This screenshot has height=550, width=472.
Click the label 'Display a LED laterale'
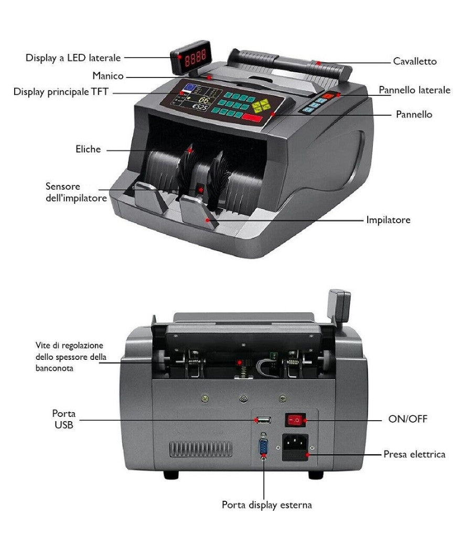[73, 58]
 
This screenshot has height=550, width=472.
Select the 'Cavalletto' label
[414, 61]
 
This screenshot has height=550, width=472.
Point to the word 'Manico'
[108, 76]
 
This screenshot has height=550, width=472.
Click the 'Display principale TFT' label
[61, 92]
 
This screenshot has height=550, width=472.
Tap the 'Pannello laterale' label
[414, 90]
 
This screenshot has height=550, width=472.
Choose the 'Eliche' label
[88, 149]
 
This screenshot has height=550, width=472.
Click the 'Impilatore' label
[388, 220]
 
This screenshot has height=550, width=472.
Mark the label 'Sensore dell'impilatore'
[77, 192]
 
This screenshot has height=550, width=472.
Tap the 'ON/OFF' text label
[408, 419]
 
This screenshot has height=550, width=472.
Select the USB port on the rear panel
[262, 420]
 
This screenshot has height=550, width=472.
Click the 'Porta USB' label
[63, 419]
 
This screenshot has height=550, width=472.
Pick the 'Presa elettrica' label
[414, 454]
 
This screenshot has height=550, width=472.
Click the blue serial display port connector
[263, 448]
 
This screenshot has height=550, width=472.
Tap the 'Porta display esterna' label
[266, 505]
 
